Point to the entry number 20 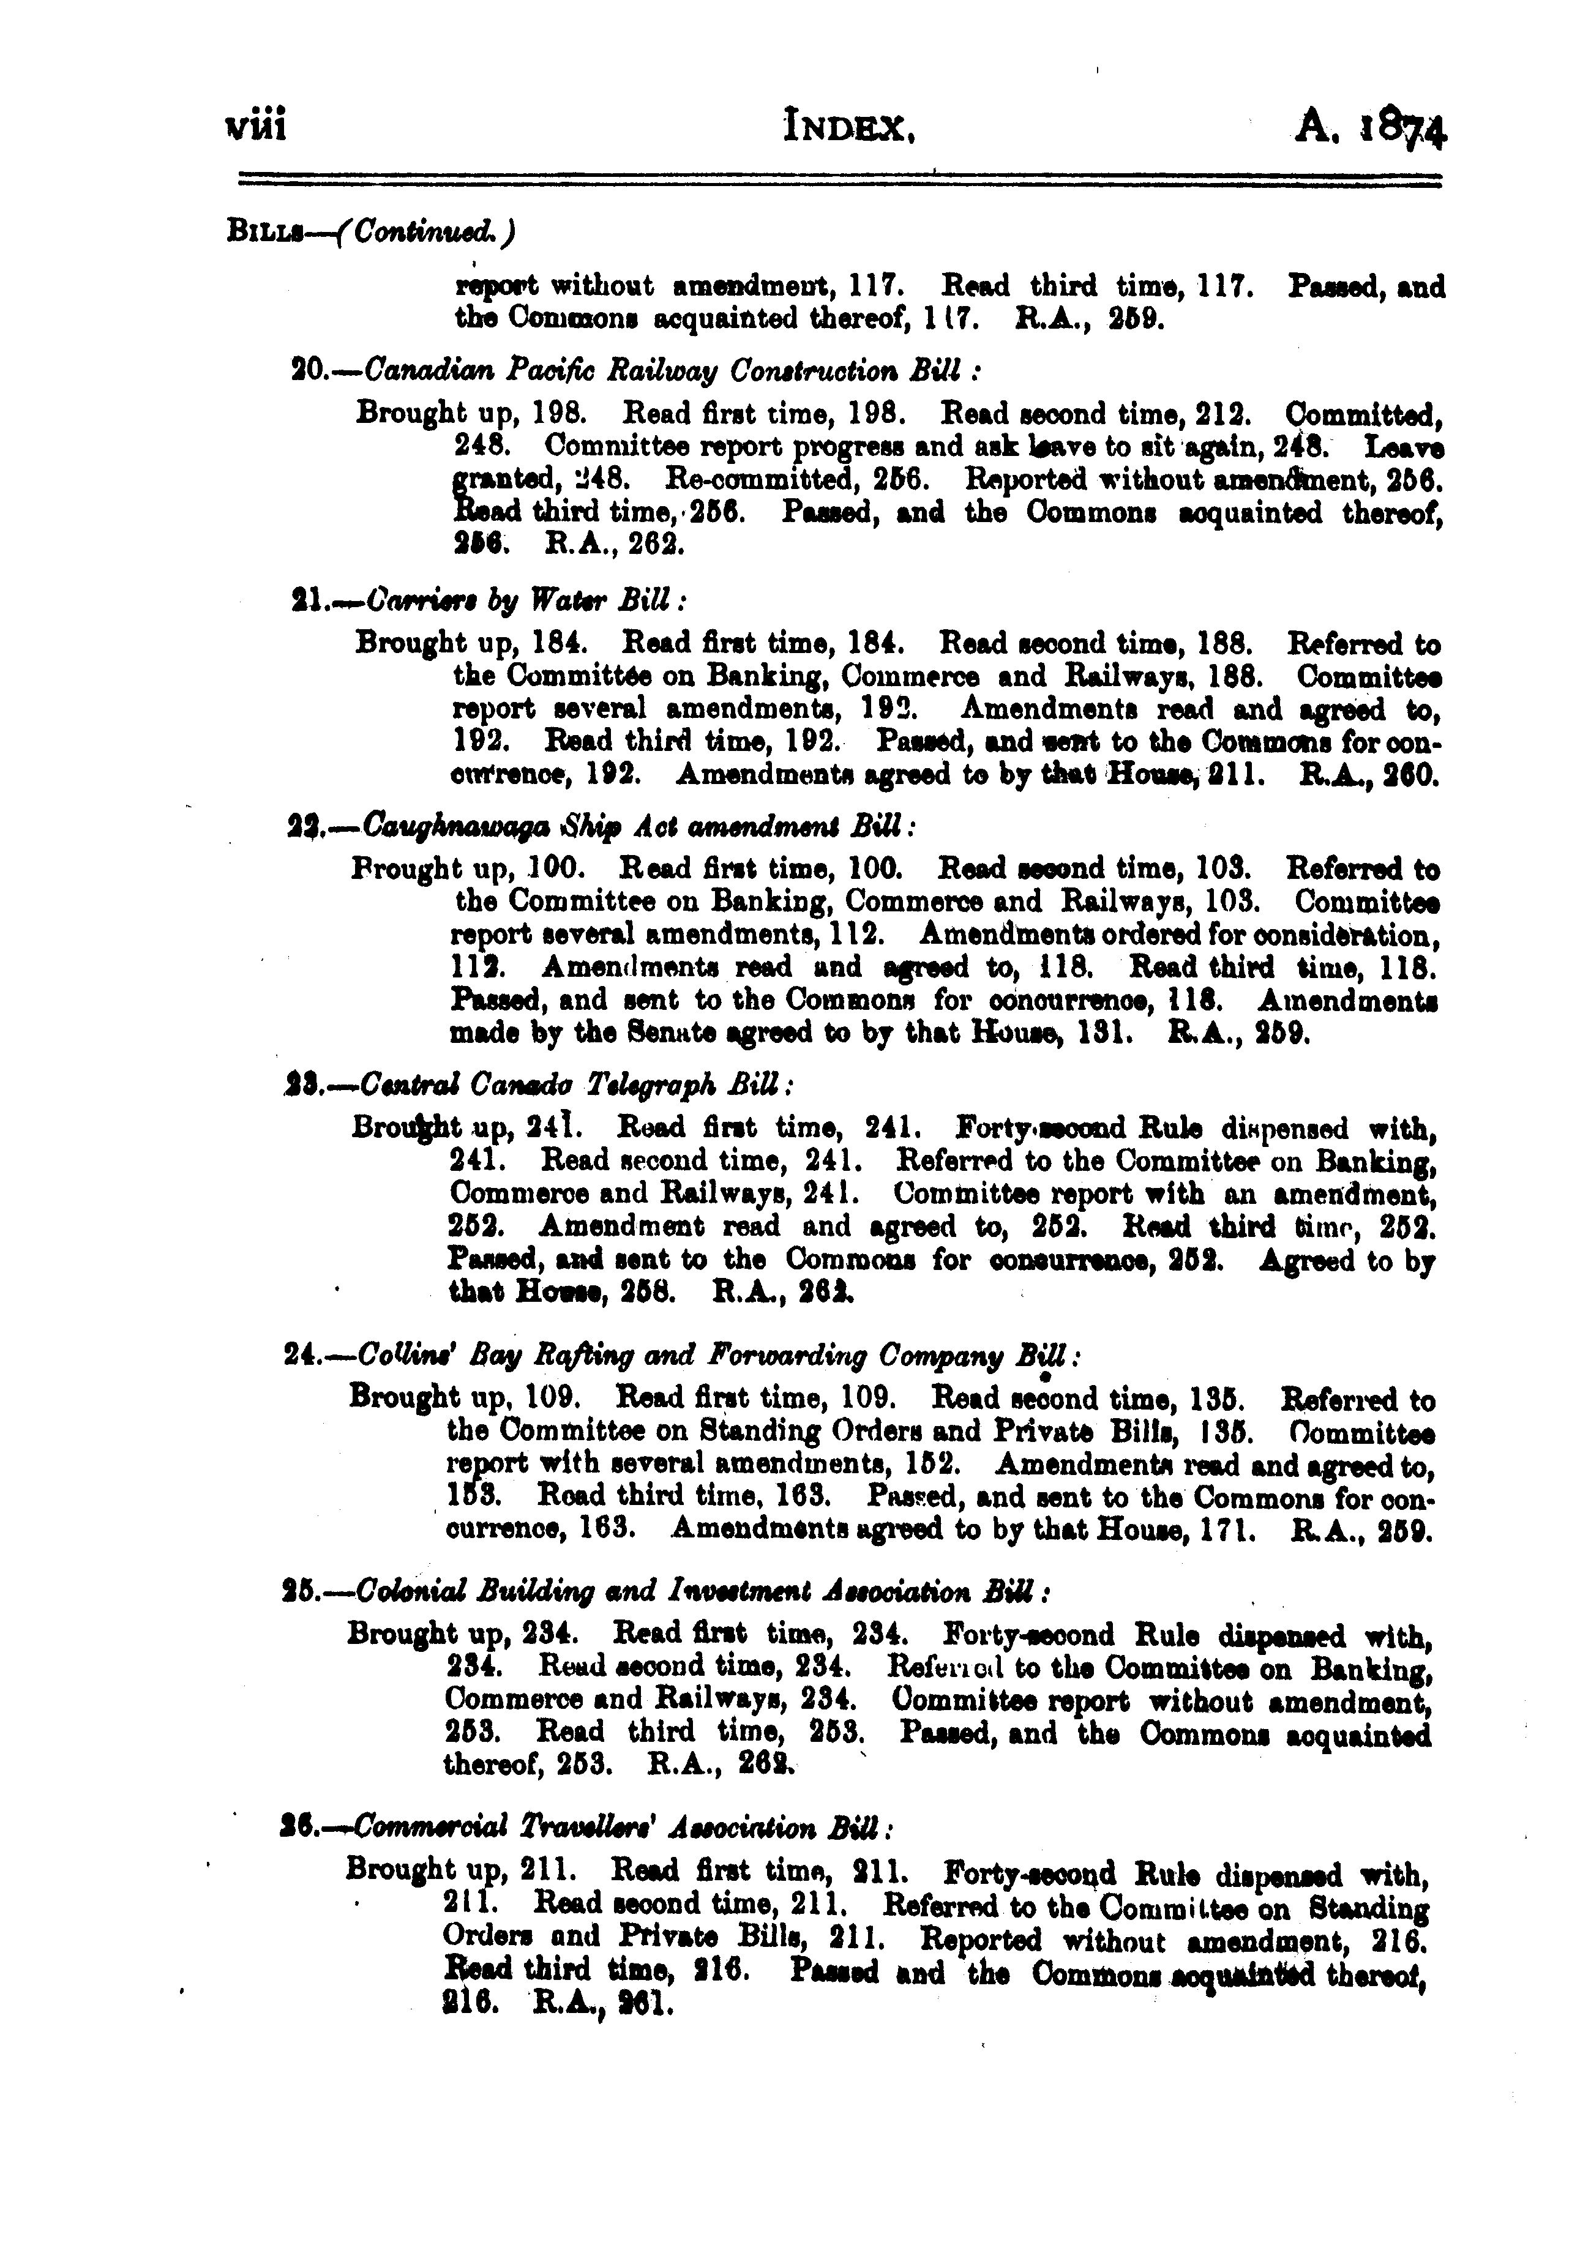[310, 372]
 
